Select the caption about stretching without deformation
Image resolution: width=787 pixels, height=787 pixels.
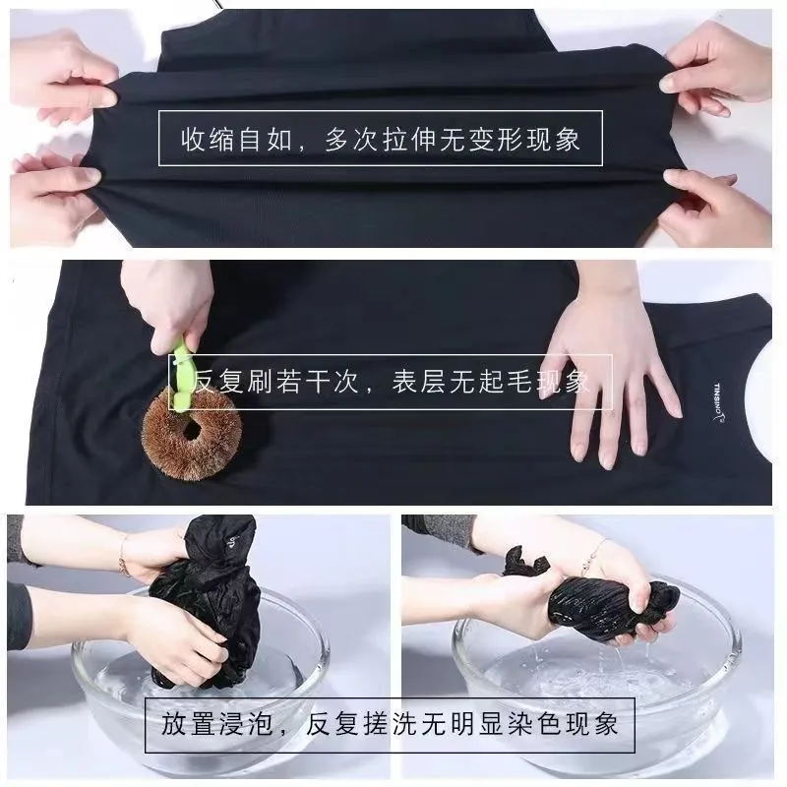[381, 139]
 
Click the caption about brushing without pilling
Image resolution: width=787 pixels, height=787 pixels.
[391, 382]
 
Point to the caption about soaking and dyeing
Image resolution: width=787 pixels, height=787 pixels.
[390, 724]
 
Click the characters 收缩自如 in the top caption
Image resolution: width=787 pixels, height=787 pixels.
[237, 139]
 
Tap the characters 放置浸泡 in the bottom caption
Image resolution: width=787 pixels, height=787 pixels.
[216, 724]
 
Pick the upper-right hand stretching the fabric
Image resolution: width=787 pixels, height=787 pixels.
[715, 68]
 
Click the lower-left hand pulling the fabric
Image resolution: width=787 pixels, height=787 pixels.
[55, 191]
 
